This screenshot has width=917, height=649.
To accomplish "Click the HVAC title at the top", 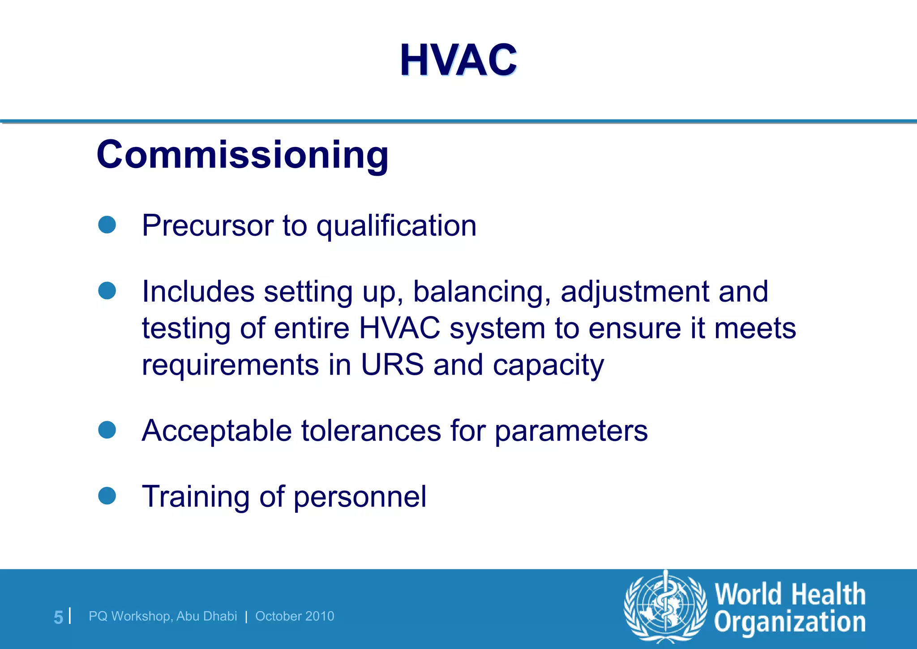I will [458, 60].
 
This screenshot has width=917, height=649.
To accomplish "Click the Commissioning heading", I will [242, 155].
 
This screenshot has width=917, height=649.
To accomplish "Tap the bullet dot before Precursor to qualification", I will [107, 225].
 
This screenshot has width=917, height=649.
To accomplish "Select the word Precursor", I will [207, 225].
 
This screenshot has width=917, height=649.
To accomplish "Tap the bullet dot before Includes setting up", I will [107, 290].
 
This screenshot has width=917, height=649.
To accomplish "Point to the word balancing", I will [482, 292].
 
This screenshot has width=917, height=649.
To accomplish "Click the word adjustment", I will [634, 292].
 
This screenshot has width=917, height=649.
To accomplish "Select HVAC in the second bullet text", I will [399, 328].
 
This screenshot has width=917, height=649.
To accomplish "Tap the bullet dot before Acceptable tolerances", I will [107, 429].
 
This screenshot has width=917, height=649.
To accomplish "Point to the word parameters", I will [571, 432].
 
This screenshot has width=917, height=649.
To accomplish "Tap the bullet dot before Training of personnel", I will [107, 496].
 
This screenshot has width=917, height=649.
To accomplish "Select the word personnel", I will [360, 497].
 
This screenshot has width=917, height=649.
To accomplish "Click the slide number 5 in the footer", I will [58, 617].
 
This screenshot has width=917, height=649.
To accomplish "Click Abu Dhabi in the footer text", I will [206, 616].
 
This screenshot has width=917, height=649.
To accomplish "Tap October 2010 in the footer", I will [295, 616].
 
